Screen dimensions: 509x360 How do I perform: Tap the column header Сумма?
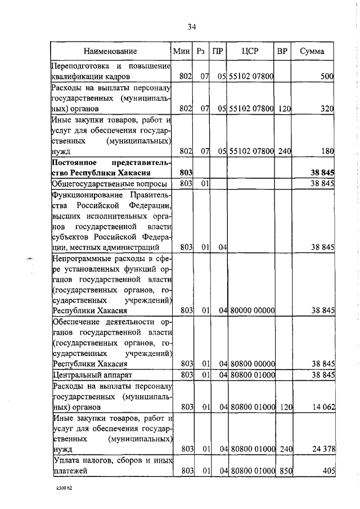312,51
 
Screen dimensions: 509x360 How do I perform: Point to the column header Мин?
182,51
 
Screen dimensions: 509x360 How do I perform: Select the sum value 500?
327,76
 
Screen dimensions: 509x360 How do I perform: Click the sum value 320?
327,108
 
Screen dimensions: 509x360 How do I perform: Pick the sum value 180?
327,150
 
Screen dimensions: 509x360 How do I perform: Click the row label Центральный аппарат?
91,375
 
